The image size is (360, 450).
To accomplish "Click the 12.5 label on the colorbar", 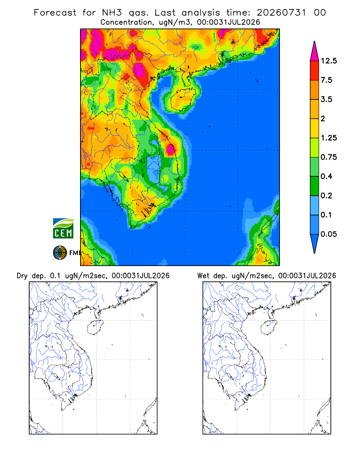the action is click(x=328, y=61).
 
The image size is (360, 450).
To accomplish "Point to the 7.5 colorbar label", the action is click(x=326, y=80).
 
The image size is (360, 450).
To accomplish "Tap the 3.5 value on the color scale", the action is click(x=326, y=99).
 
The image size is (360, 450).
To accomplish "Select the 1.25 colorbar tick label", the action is click(x=328, y=138).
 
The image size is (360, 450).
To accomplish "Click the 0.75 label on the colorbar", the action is click(x=328, y=157).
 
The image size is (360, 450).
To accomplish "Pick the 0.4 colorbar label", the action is click(x=326, y=176).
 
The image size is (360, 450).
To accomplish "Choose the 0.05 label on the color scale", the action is click(x=328, y=234).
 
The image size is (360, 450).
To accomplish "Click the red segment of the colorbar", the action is click(x=315, y=71).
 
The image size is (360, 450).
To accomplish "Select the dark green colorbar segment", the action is click(x=315, y=186).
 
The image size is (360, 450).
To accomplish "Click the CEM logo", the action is click(x=63, y=229).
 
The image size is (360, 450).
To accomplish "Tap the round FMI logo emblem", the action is click(x=60, y=253).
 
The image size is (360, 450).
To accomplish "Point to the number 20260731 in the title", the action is click(x=281, y=13).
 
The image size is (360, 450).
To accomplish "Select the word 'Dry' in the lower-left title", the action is click(x=22, y=276).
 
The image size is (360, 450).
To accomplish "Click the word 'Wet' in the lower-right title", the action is click(x=203, y=276).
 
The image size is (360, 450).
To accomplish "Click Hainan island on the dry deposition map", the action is click(x=95, y=328).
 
